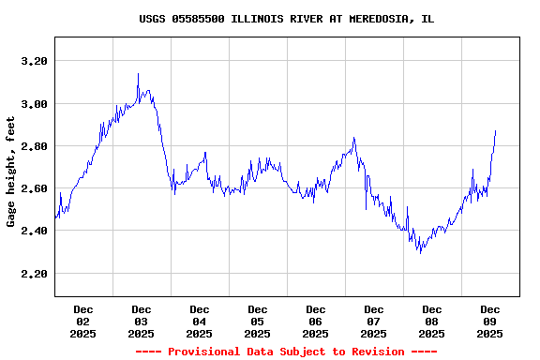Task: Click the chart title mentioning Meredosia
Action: click(286, 19)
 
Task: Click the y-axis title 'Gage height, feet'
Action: click(11, 172)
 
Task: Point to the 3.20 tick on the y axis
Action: click(33, 61)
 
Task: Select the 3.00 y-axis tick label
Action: click(33, 103)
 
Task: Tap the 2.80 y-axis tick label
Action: click(33, 146)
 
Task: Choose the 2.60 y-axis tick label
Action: click(33, 188)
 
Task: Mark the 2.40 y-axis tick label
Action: click(33, 231)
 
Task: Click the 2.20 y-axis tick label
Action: click(33, 274)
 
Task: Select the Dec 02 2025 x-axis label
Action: click(83, 321)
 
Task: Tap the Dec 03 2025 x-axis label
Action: click(142, 321)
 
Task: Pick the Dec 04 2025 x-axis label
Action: click(200, 321)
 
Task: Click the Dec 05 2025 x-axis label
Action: click(258, 321)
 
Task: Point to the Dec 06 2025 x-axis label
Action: click(316, 321)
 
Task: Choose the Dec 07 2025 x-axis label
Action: click(374, 321)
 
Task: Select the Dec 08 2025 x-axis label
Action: click(432, 321)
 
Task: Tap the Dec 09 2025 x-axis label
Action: click(490, 321)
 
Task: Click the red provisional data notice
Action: click(286, 352)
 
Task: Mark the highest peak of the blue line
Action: click(138, 74)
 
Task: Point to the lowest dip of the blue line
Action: click(420, 253)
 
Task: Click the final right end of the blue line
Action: click(495, 131)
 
